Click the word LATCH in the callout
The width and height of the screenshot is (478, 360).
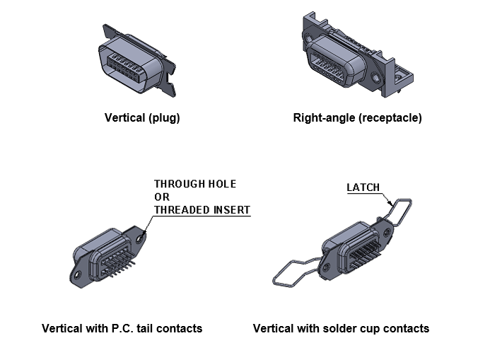pos(363,187)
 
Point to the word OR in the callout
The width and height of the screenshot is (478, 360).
pos(161,197)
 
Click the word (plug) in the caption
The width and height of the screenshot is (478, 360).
pos(163,118)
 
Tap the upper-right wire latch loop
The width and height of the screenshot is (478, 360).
pos(400,212)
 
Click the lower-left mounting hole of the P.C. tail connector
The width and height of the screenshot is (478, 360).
pos(77,273)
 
